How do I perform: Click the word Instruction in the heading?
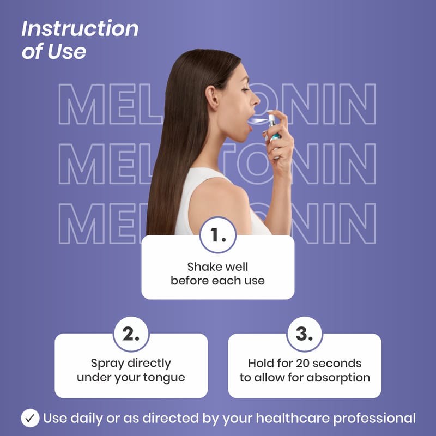coord(80,28)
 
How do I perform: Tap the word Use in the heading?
coord(66,51)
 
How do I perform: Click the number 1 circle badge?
coord(218,235)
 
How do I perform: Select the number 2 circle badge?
coord(131,334)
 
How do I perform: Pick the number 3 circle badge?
coord(305,334)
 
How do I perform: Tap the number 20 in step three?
coord(302,363)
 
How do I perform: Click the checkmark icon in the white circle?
coord(30,418)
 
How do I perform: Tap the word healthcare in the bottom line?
coord(293,418)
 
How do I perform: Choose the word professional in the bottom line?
coord(374,419)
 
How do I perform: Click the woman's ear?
coord(212,98)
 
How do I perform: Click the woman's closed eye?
coord(245,89)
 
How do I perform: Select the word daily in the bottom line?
coord(87,419)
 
